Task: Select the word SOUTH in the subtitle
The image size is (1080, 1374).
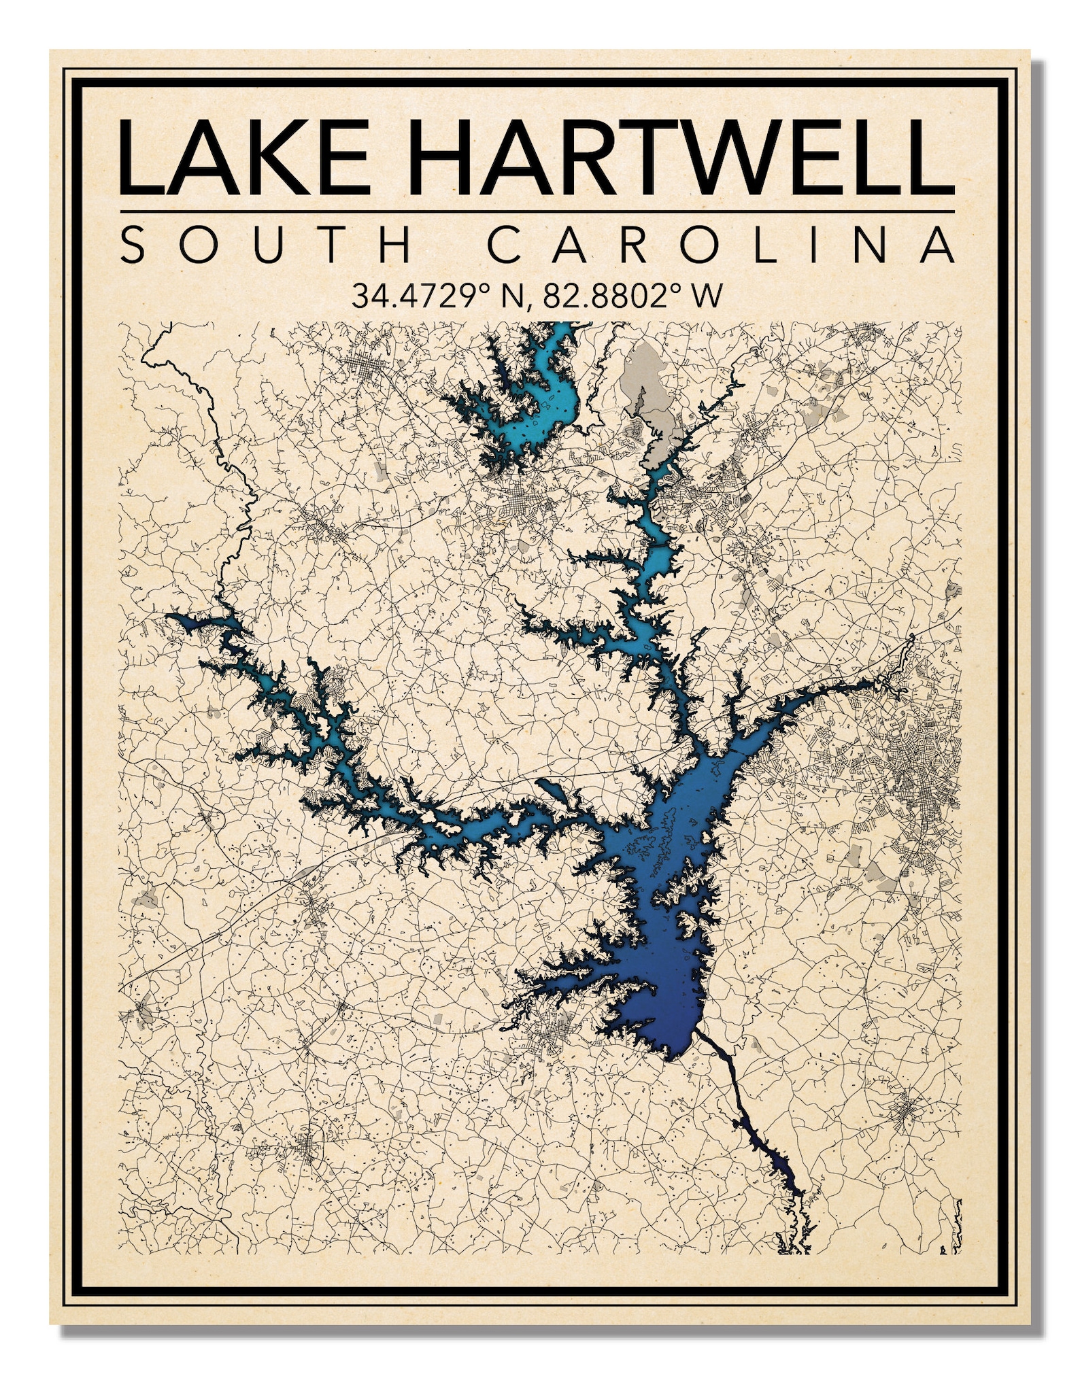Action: click(265, 245)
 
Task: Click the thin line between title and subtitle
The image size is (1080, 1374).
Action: click(537, 211)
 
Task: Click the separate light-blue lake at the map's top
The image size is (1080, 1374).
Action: click(537, 408)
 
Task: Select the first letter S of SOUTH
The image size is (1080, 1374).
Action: click(134, 245)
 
